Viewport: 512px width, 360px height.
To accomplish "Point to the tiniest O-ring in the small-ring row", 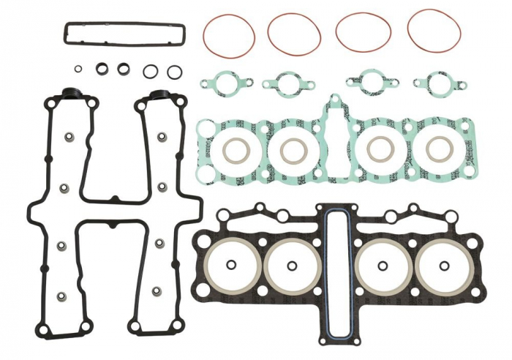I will pos(78,69).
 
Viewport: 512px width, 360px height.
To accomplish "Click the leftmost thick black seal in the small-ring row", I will pos(102,69).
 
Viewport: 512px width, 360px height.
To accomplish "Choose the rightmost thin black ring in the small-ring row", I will pos(174,72).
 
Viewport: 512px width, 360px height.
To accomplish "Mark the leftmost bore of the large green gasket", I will pos(236,151).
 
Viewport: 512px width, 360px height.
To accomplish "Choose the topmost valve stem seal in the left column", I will pos(69,137).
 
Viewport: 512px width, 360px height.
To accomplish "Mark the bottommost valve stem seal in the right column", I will pos(156,291).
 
